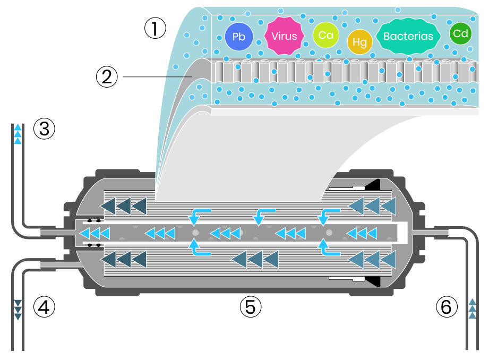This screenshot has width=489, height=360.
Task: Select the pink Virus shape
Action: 284,36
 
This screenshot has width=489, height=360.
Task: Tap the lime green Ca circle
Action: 326,35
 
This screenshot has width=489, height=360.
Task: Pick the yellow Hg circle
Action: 359,42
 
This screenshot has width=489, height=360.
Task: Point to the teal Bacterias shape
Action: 408,36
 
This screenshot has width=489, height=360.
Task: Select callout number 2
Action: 107,77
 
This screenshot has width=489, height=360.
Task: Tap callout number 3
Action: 44,128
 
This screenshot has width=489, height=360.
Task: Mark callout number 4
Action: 44,306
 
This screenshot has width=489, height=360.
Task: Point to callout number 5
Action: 250,306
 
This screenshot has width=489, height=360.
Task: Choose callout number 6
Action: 446,306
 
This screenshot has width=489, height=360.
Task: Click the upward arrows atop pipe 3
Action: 18,134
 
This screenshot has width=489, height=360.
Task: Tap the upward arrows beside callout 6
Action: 473,309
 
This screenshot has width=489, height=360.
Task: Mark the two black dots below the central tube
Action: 94,245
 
